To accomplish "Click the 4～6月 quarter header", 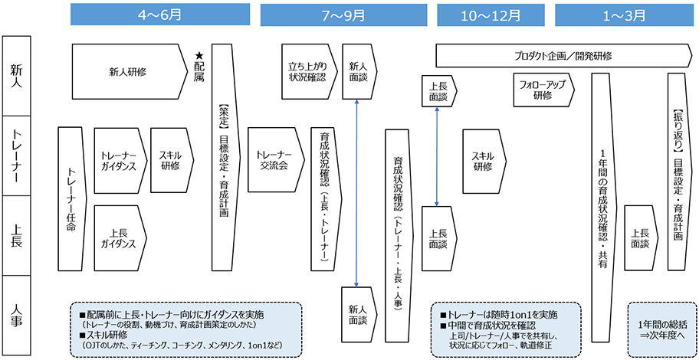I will coord(159,15).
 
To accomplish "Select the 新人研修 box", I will coord(128,72).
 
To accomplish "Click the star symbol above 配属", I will coord(199,55).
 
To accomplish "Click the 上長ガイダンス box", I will coord(119,237).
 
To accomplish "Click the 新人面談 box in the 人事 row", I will coord(358,314).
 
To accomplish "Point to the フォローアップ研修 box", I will coord(543,90).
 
